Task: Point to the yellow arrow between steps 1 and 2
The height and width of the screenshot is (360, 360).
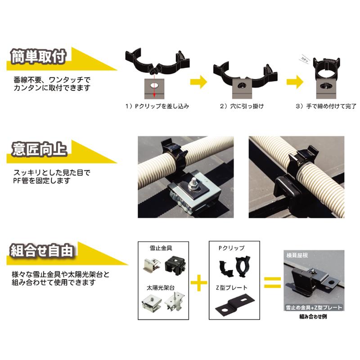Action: (x=198, y=82)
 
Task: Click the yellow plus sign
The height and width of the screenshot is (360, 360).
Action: (x=199, y=283)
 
